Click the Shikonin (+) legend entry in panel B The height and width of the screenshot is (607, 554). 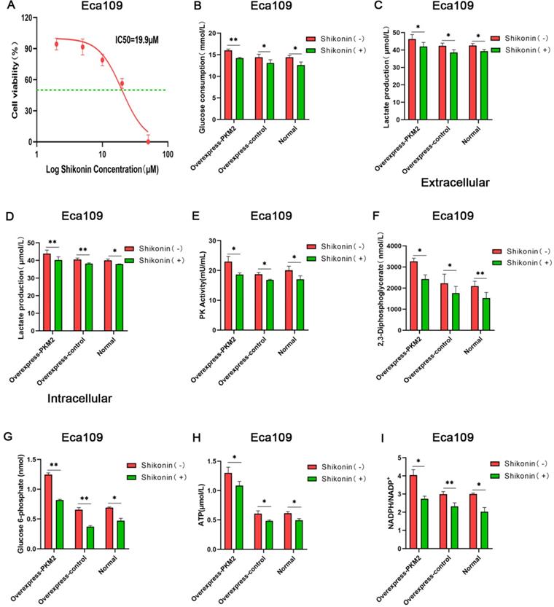(332, 50)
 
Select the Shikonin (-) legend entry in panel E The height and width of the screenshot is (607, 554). (332, 247)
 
